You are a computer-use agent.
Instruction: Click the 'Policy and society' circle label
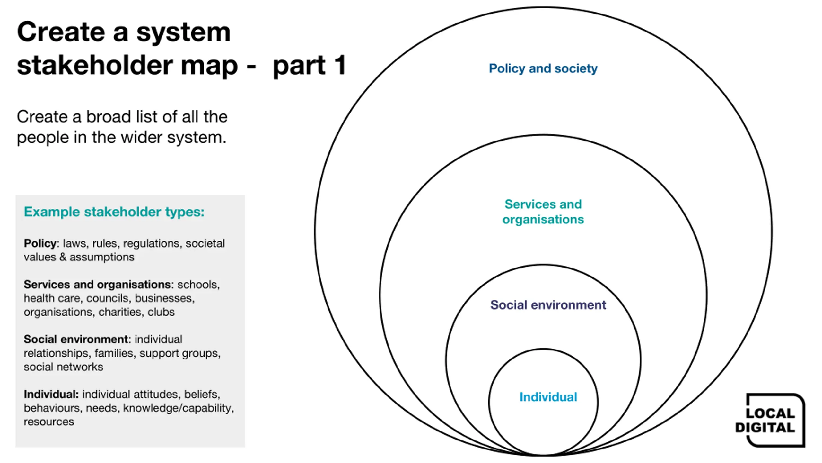[x=543, y=68]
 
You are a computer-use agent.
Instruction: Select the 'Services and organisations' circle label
[x=543, y=212]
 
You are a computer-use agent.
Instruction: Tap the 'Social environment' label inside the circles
[x=548, y=304]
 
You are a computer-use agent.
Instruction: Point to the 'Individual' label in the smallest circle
[x=548, y=397]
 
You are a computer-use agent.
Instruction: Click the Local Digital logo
[x=770, y=420]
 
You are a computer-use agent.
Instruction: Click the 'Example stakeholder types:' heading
[x=114, y=212]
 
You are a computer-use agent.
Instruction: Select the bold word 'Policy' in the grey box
[x=40, y=243]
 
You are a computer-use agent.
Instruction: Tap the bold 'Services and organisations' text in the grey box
[x=97, y=285]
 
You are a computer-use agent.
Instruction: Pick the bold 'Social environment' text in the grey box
[x=76, y=339]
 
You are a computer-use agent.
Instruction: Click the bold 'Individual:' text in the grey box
[x=51, y=394]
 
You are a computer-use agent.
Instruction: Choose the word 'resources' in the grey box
[x=49, y=422]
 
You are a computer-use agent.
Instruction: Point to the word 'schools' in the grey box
[x=197, y=285]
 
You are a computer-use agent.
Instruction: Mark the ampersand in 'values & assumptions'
[x=63, y=257]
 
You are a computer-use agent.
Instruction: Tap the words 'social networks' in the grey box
[x=63, y=367]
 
